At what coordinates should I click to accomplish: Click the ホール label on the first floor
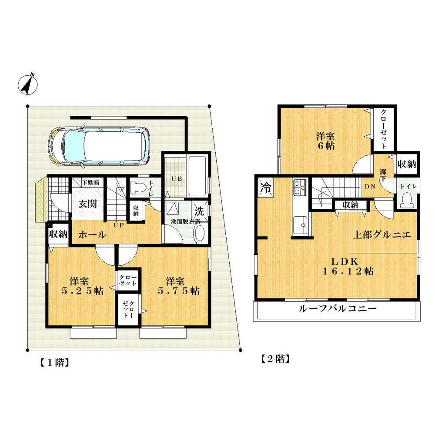92,235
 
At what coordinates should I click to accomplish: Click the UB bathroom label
174,179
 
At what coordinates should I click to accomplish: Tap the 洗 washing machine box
199,212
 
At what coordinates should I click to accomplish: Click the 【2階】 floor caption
275,359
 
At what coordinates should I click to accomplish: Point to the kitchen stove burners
300,187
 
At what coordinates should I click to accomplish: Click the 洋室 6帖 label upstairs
325,141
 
